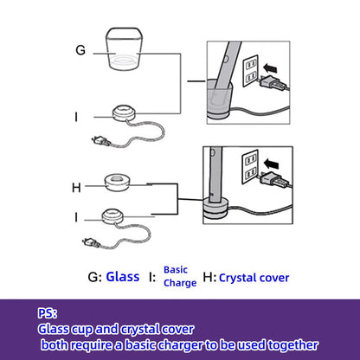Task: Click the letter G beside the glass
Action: coord(80,50)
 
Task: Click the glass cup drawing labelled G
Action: coord(124,49)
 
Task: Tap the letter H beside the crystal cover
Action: coord(76,188)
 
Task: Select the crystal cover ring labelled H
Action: coord(118,183)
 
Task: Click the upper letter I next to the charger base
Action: coord(76,117)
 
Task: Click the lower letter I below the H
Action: coord(76,217)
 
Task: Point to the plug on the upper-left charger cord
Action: coord(100,141)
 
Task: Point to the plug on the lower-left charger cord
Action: coord(91,242)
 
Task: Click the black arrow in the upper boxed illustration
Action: coord(270,68)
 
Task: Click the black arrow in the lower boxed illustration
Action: coord(272,164)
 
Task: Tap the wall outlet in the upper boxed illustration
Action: coord(250,71)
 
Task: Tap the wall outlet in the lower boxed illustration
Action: coord(250,167)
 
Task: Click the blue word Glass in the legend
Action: coord(123,277)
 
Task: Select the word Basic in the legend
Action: coord(176,270)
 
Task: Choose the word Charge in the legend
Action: coord(180,283)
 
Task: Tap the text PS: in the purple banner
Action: coord(48,313)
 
